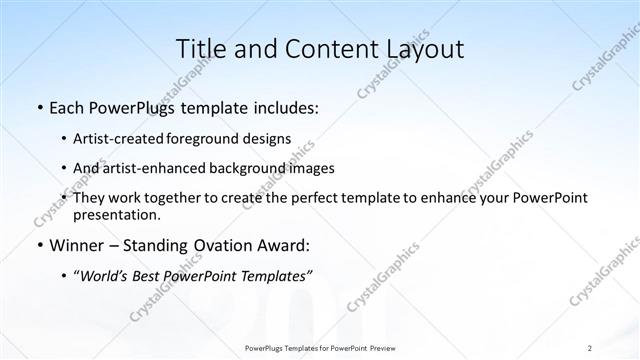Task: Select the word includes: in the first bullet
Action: pos(281,107)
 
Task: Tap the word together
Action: pos(177,198)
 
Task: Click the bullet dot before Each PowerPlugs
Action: pos(38,107)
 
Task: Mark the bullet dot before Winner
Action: pos(38,245)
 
